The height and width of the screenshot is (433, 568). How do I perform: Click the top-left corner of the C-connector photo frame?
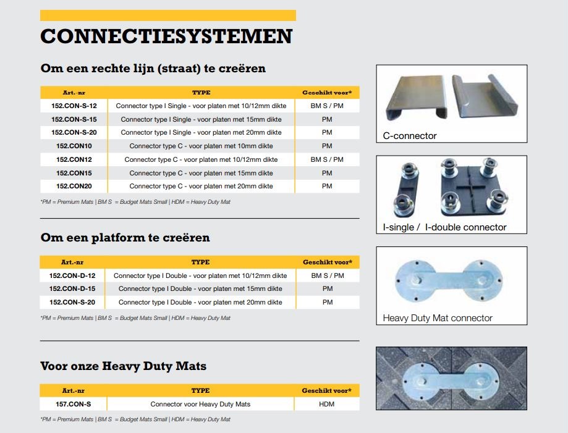(x=376, y=65)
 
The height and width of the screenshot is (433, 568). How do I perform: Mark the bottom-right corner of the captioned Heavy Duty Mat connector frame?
(x=527, y=325)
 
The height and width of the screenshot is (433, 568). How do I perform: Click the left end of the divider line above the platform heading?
(x=40, y=218)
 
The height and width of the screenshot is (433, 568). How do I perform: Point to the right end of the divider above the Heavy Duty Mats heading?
(x=359, y=341)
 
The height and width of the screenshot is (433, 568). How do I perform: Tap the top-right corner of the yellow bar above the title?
(x=296, y=10)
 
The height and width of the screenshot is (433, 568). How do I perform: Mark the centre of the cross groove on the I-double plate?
(x=470, y=187)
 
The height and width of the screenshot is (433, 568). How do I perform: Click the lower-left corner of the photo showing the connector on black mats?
(x=376, y=410)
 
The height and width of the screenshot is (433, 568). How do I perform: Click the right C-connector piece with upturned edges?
(x=485, y=96)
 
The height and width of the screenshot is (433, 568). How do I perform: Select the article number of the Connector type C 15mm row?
(x=74, y=173)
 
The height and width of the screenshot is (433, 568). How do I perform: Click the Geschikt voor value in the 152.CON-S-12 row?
(x=327, y=106)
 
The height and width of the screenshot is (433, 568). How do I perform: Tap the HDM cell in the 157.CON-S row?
(x=326, y=404)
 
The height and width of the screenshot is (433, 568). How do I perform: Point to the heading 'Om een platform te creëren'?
(x=125, y=237)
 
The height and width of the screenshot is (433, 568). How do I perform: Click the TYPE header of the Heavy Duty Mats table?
(x=200, y=390)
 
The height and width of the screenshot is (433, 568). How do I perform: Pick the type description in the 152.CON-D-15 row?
(x=200, y=288)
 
